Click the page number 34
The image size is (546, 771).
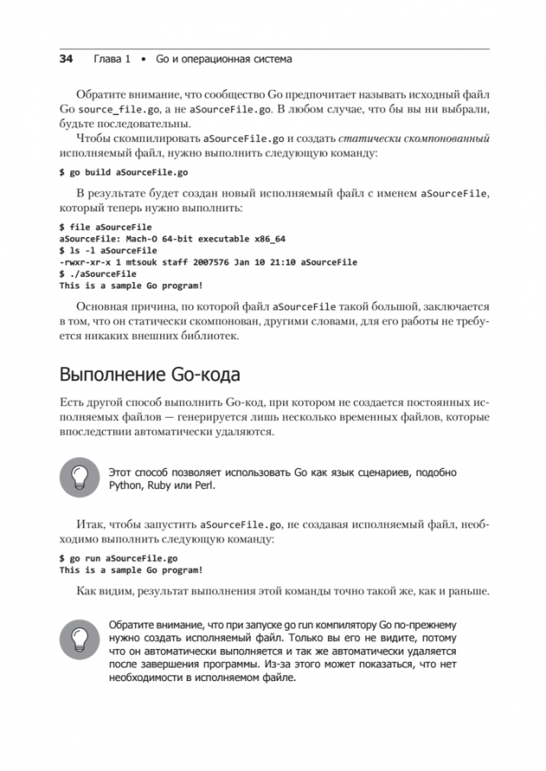click(66, 59)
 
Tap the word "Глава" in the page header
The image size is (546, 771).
click(108, 59)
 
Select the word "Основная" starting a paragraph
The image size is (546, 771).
click(101, 308)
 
